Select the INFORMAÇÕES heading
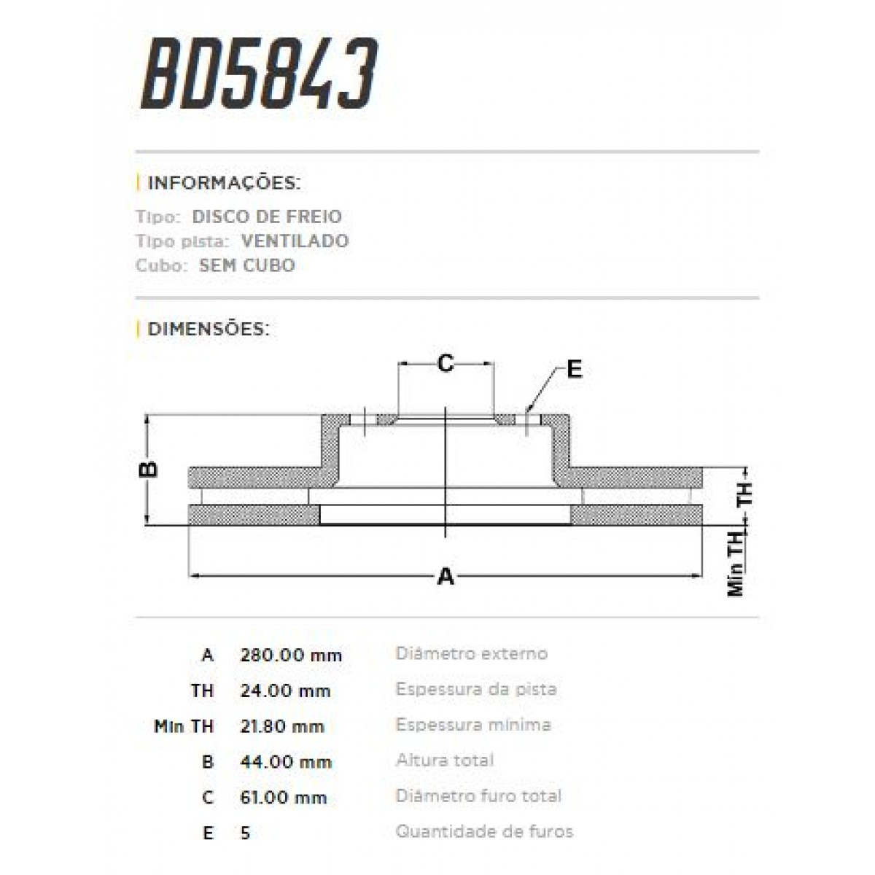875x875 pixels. tap(223, 182)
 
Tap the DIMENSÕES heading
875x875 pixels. tap(208, 329)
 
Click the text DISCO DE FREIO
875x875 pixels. tap(267, 217)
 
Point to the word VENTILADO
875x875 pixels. tap(295, 241)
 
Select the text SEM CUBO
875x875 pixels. tap(246, 265)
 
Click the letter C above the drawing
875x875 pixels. tap(446, 362)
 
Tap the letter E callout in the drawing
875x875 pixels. tap(575, 370)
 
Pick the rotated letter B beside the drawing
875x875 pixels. tap(149, 468)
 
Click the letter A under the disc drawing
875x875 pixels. tap(445, 577)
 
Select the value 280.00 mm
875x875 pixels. tap(291, 655)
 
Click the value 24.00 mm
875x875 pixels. tap(285, 691)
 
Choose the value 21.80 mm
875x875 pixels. tap(282, 726)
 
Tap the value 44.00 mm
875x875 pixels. tap(286, 762)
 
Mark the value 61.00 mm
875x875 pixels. tap(283, 798)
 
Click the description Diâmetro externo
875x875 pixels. tap(471, 653)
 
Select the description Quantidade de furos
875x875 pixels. tap(484, 831)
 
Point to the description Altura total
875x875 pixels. tap(445, 761)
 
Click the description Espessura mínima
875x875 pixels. tap(473, 725)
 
